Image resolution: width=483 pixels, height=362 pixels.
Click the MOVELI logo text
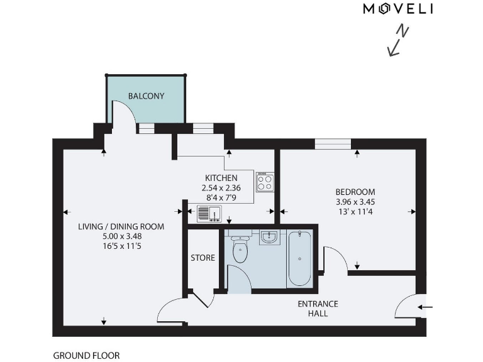pos(398,9)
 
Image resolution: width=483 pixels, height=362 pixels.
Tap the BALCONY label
pos(146,96)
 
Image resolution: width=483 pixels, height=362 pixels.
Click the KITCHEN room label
pos(221,178)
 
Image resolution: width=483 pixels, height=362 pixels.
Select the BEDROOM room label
pos(355,192)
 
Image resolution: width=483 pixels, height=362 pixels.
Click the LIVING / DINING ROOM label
pos(121,227)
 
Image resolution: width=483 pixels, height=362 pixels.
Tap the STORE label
pos(203,258)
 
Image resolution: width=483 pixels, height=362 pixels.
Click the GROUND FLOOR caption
pos(86,355)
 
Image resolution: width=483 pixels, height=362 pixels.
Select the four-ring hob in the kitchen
pos(265,182)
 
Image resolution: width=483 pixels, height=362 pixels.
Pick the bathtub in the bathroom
pos(299,258)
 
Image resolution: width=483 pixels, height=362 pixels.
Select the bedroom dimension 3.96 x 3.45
pos(355,202)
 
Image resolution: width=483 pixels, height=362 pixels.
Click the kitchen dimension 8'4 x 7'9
pos(221,197)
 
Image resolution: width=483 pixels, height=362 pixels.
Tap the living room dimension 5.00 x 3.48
pos(121,236)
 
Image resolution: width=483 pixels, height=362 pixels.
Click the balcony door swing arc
pos(126,113)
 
